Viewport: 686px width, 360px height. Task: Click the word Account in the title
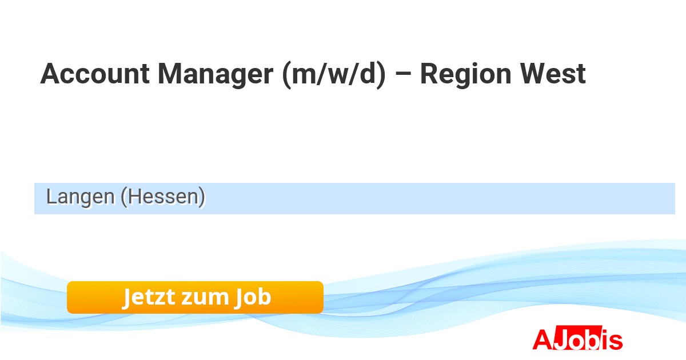pos(95,74)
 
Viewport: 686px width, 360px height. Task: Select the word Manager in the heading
pos(215,75)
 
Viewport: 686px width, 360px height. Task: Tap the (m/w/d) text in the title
pos(333,75)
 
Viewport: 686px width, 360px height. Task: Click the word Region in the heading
pos(465,75)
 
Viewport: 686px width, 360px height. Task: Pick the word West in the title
pos(553,74)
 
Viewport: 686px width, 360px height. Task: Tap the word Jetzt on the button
pos(149,297)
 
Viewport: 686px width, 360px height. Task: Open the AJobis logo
pos(577,338)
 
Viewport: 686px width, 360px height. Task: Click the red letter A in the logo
pos(543,339)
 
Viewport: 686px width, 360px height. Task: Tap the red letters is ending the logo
pos(612,339)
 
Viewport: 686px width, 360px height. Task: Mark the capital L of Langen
pos(52,196)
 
